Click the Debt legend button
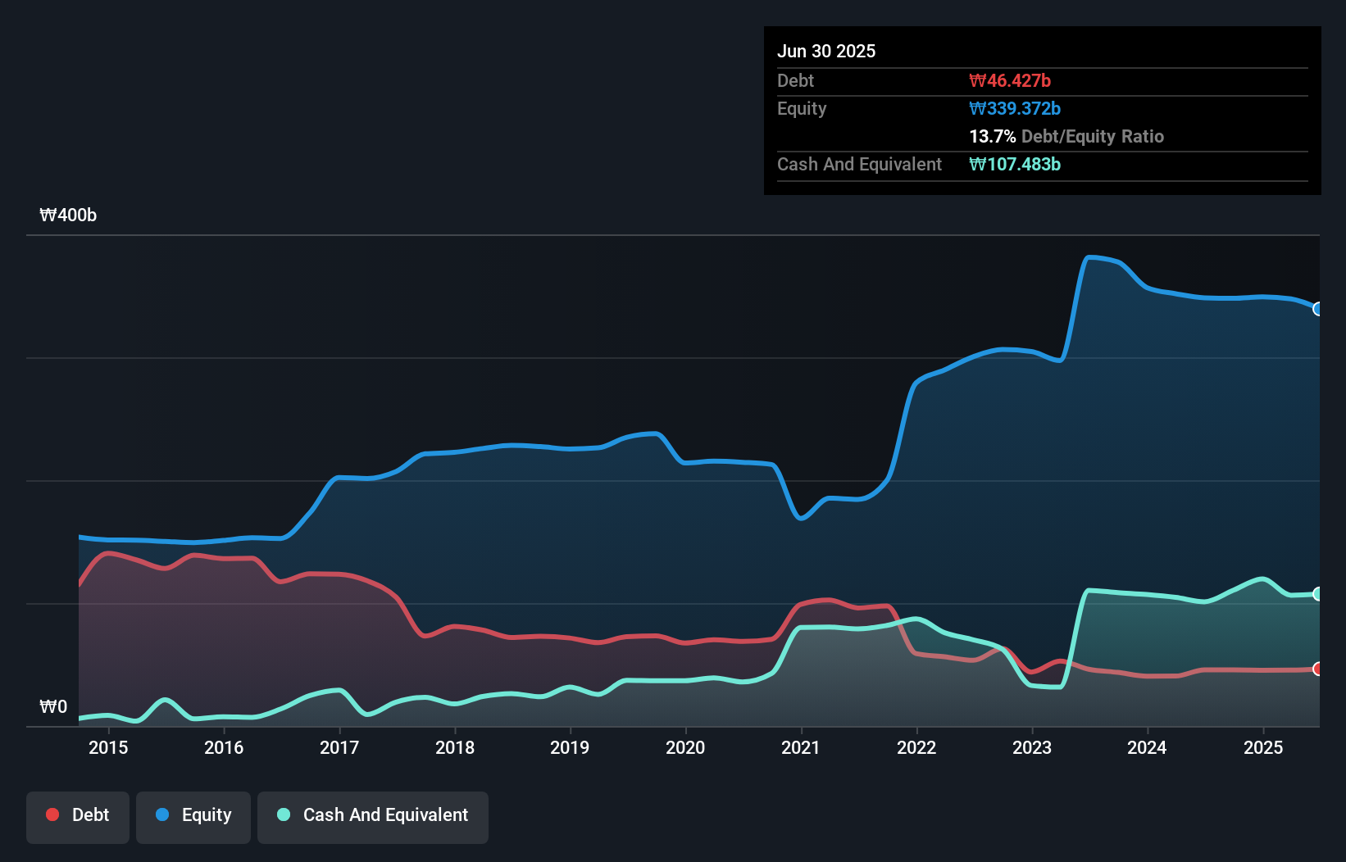78,815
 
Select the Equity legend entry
193,815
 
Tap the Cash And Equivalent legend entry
373,815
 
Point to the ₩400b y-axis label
68,215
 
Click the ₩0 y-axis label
53,707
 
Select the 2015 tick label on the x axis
108,748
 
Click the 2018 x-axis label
455,748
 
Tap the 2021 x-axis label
801,748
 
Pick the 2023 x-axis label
1032,748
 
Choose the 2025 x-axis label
1263,748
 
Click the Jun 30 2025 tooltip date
826,52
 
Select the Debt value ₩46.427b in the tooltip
1010,81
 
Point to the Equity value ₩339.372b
1015,109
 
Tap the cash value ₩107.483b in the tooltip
1015,165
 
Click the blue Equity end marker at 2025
1318,309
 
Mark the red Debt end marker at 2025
1318,669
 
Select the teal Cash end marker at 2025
1318,594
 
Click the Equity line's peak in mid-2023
1090,257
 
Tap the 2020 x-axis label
685,748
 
